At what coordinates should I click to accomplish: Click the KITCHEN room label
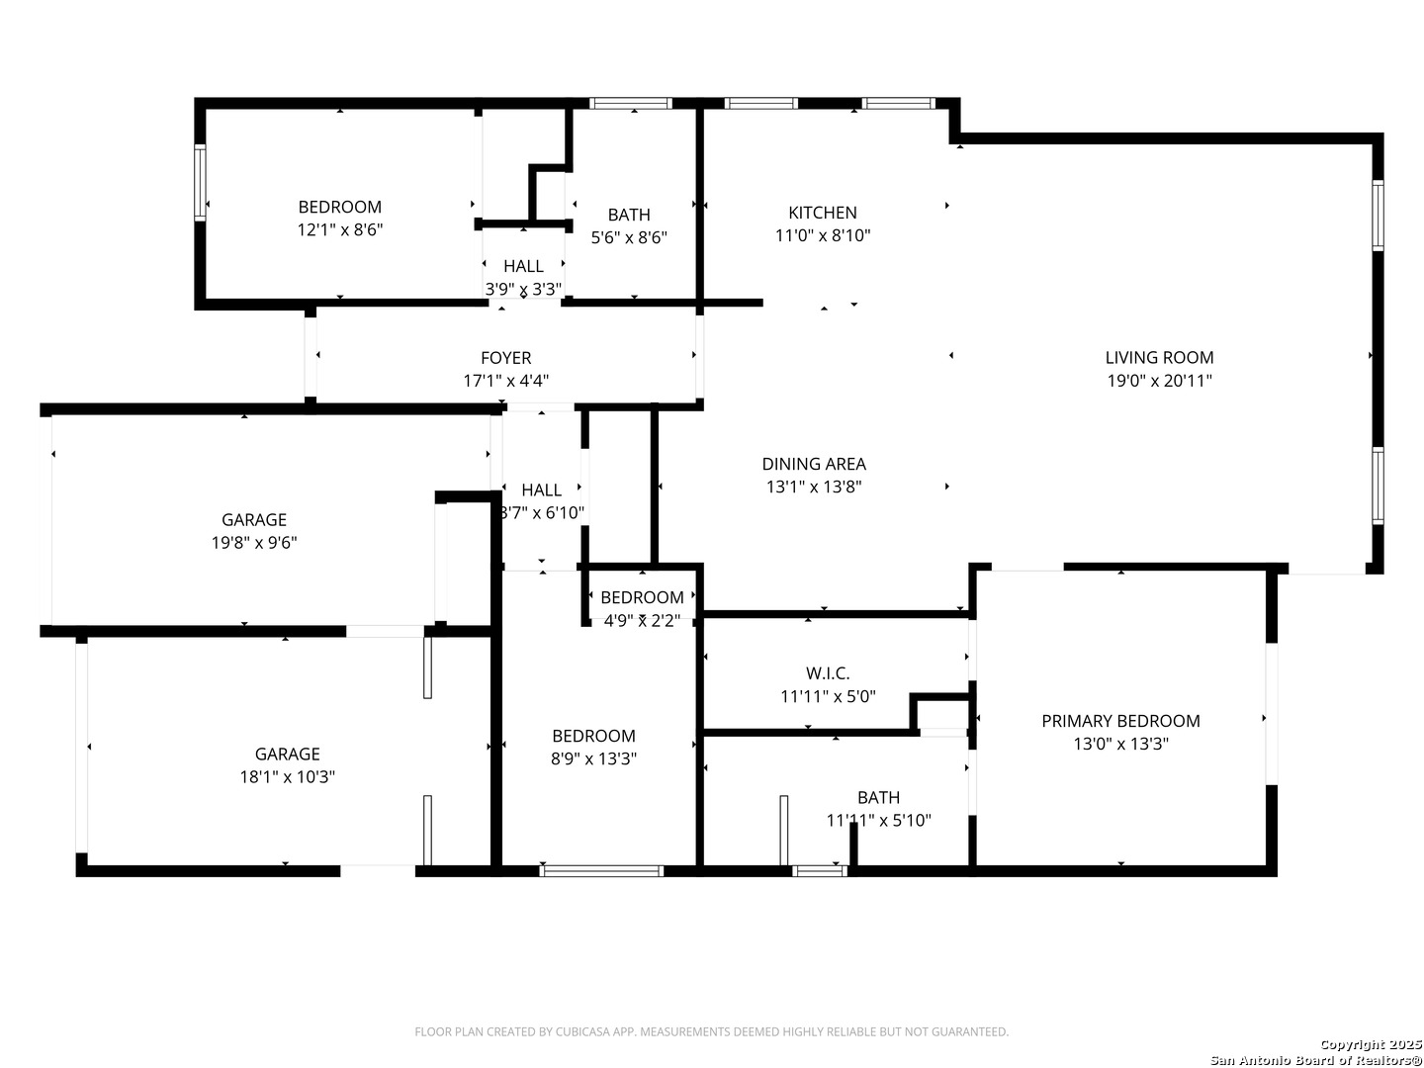(822, 213)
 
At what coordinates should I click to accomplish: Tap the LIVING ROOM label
(1159, 357)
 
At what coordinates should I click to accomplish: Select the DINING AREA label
(814, 464)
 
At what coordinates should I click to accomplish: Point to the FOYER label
(505, 358)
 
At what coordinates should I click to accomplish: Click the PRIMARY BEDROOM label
(1120, 721)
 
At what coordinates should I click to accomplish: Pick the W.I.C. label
(827, 673)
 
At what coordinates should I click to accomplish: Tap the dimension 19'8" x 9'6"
(254, 542)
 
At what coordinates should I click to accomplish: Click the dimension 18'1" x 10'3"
(287, 776)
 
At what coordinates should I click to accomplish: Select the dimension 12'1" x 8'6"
(340, 229)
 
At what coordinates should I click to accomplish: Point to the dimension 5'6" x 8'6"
(629, 237)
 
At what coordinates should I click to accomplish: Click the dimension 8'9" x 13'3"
(593, 758)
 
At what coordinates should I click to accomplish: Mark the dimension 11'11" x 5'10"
(878, 821)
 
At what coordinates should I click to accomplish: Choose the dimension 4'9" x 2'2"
(642, 621)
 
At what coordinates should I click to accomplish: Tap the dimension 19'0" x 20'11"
(1159, 381)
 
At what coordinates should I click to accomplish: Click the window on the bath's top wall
(630, 103)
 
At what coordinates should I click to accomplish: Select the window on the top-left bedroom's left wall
(200, 183)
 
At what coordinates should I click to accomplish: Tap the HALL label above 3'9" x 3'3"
(523, 266)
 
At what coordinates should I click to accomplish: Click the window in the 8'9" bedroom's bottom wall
(600, 871)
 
